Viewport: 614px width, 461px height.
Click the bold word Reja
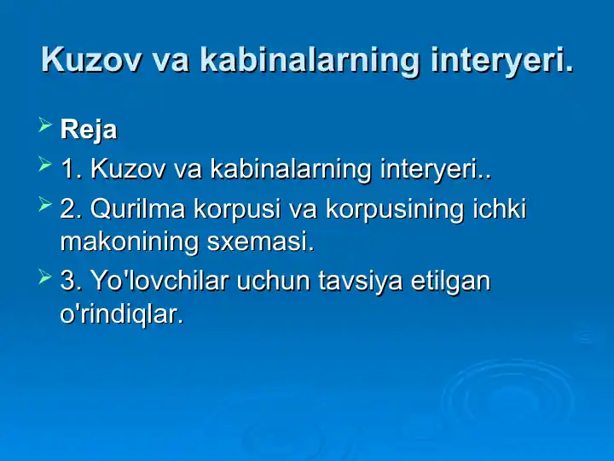click(89, 131)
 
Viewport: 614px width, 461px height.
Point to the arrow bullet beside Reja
click(45, 128)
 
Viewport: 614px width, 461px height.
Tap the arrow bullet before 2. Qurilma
click(45, 205)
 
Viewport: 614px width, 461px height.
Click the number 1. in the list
click(72, 169)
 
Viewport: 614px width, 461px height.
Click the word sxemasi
click(261, 242)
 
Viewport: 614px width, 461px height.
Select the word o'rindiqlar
click(121, 314)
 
